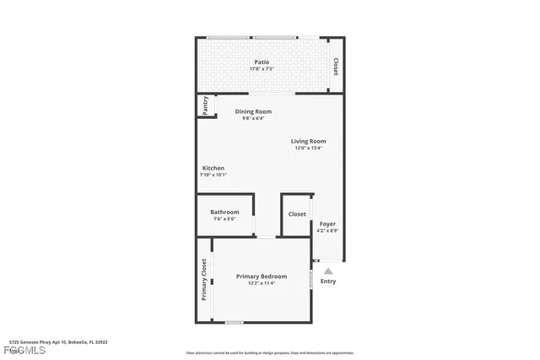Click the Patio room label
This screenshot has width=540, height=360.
[x=262, y=62]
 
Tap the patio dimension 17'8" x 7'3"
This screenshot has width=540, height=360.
[x=262, y=69]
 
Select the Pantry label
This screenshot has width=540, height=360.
[x=205, y=105]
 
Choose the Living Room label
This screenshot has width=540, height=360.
[x=309, y=141]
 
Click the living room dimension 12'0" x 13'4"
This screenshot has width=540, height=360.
[x=309, y=148]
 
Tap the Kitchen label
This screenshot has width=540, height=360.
[x=213, y=168]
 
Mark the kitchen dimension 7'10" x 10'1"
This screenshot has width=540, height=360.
[x=213, y=175]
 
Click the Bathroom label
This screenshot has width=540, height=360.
[x=224, y=212]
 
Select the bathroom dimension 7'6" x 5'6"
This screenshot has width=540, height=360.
[x=224, y=219]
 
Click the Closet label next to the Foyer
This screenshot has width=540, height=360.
[x=297, y=214]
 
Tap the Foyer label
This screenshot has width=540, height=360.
[x=327, y=223]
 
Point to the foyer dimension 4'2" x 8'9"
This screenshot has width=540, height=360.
[x=327, y=231]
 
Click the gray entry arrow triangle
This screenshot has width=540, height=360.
[x=328, y=271]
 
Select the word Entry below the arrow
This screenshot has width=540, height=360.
[x=328, y=282]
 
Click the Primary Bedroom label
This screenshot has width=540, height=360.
[x=261, y=276]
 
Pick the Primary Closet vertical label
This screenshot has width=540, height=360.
[x=204, y=279]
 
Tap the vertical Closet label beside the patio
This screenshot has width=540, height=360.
[x=336, y=67]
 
